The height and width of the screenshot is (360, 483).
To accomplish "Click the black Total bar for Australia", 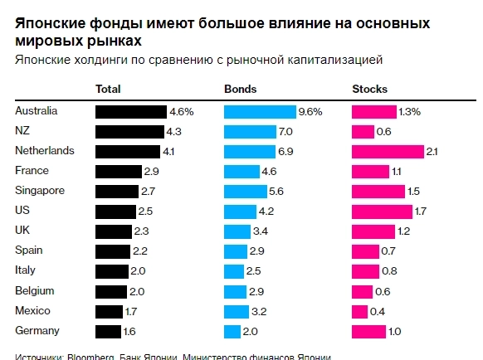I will click(131, 111).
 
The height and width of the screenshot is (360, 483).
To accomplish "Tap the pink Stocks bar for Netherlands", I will click(387, 151).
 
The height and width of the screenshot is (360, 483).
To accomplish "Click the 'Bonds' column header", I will click(241, 89).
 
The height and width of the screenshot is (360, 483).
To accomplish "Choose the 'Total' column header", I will click(109, 89).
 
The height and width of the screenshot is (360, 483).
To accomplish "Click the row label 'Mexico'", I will click(33, 310).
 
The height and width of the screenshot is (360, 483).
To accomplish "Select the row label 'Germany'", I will click(37, 330).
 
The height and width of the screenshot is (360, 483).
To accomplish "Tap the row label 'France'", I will click(32, 170).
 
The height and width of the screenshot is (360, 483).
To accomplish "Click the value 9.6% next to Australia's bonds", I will click(310, 111).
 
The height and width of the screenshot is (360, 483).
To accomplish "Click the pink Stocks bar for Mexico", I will click(359, 311).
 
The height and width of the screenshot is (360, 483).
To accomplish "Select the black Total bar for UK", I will click(114, 231).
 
